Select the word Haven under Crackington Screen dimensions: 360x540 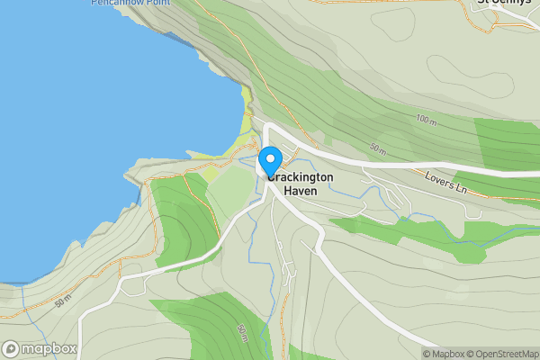(x=301, y=191)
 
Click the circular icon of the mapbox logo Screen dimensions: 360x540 (x=12, y=349)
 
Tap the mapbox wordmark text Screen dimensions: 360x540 (x=49, y=349)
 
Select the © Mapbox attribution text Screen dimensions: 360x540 (x=445, y=354)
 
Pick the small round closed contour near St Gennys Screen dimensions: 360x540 (x=441, y=67)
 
